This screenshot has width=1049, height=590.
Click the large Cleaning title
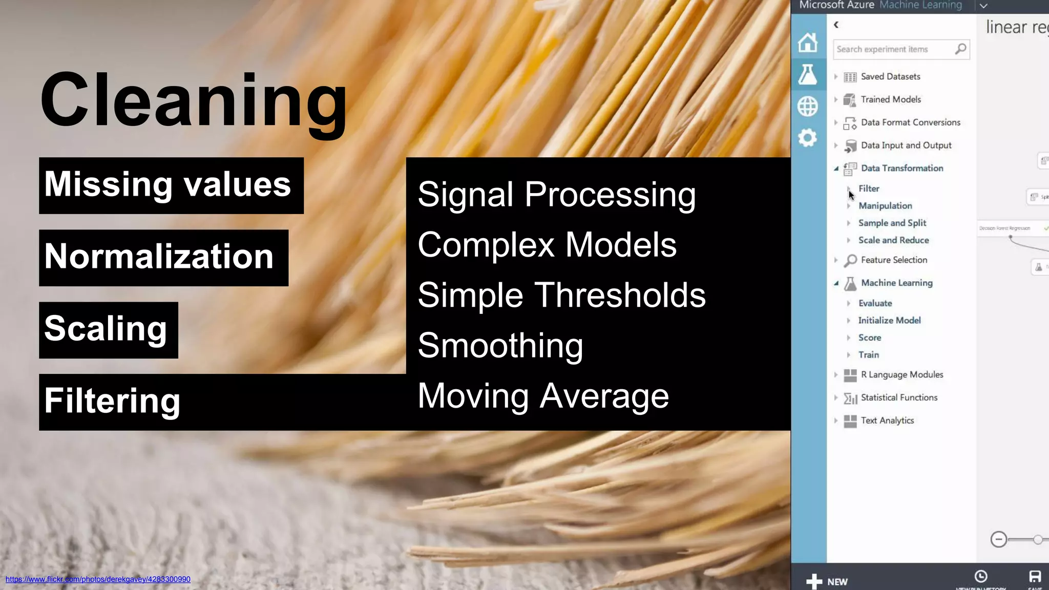click(194, 101)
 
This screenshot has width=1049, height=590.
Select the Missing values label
click(168, 185)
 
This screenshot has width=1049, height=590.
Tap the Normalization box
click(159, 257)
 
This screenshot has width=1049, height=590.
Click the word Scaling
click(106, 329)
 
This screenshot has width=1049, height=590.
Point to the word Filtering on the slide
click(112, 401)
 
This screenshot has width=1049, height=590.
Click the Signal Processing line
click(556, 195)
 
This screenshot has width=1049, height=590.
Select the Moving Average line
click(543, 396)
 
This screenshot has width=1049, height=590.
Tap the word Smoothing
click(500, 346)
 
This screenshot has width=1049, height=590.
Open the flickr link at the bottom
click(98, 579)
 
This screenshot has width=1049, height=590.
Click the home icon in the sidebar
click(808, 43)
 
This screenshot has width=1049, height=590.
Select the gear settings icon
click(808, 138)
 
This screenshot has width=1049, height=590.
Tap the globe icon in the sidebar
click(808, 107)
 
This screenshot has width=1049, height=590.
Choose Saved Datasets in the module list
click(890, 77)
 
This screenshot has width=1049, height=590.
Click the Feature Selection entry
click(894, 260)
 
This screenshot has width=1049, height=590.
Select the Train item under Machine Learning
click(869, 355)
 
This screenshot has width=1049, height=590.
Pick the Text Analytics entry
click(887, 420)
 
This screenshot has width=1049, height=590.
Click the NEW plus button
click(827, 581)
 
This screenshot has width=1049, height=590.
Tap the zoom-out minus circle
click(998, 539)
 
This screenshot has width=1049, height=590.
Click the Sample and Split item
click(892, 223)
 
